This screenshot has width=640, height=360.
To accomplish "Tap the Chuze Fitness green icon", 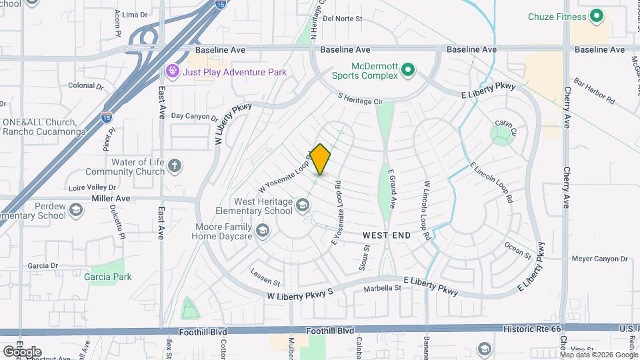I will [x=597, y=16].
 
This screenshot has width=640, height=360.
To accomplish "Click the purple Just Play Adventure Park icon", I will [x=173, y=71].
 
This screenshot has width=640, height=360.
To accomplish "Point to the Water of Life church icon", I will [x=175, y=165].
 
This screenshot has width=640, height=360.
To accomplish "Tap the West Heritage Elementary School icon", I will [x=303, y=205].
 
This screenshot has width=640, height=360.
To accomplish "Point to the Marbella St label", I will [x=382, y=289].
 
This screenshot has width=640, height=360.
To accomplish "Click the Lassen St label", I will [x=266, y=274].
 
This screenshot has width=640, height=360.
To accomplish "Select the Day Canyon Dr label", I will [x=194, y=116].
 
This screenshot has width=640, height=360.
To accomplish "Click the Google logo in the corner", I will [x=22, y=351].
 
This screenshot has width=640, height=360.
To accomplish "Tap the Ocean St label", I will [x=518, y=251].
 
